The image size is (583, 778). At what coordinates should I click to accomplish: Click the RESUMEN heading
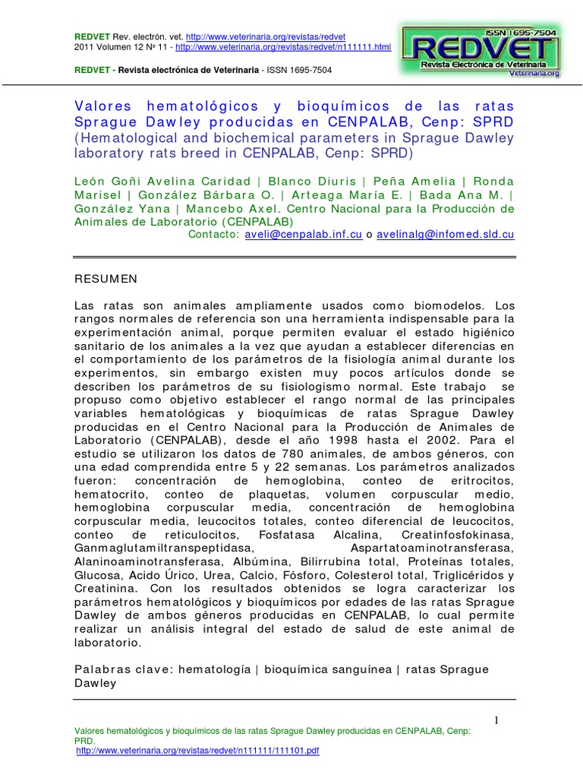point(106,279)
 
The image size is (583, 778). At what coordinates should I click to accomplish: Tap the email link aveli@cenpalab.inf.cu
point(303,235)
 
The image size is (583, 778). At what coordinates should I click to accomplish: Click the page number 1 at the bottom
point(496,720)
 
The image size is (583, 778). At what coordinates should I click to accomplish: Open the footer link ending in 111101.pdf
point(198,751)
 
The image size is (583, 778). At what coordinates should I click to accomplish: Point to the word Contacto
point(213,235)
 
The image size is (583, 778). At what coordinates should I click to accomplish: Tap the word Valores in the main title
point(103,106)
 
